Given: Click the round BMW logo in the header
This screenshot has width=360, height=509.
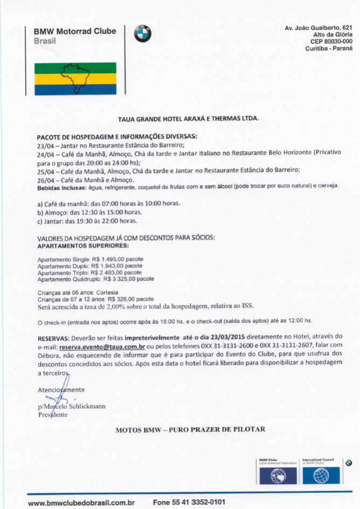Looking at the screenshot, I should coord(143,34).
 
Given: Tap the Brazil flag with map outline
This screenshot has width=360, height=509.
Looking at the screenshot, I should coord(75,79).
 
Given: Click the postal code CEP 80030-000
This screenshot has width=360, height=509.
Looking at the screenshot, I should coord(331,41).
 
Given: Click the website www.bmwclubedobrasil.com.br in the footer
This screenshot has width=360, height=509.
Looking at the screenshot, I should coord(81,502).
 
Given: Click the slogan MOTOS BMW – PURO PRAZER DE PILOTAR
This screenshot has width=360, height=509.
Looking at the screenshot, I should coord(191,430).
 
